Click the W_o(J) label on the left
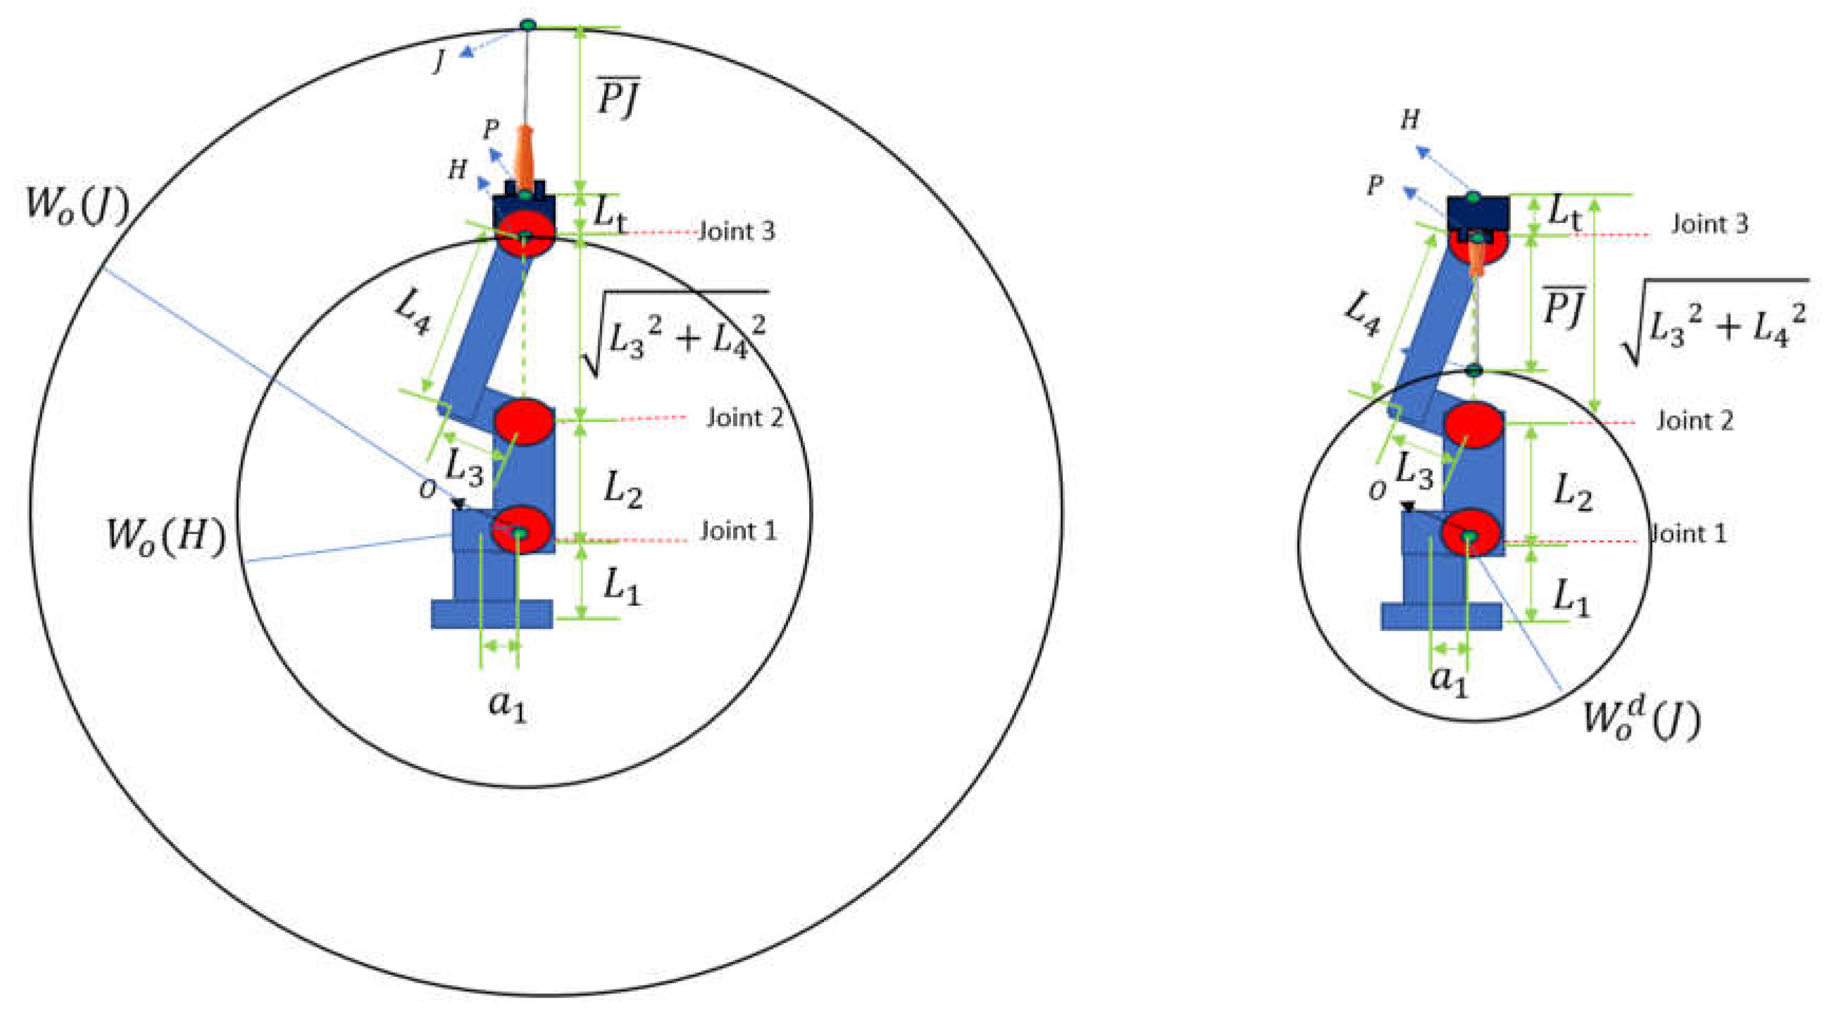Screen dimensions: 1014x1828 click(77, 206)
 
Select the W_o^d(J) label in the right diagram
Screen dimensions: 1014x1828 click(1642, 718)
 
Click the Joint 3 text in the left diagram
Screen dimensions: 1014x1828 click(737, 231)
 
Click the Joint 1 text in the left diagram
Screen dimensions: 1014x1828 click(738, 531)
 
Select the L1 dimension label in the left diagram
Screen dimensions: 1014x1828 click(622, 587)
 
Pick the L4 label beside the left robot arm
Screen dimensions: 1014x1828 click(411, 312)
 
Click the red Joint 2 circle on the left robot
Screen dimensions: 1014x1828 click(524, 421)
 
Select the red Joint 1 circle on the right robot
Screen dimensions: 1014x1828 click(1470, 533)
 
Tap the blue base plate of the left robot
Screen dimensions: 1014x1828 click(492, 614)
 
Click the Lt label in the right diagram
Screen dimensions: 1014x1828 click(1564, 213)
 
